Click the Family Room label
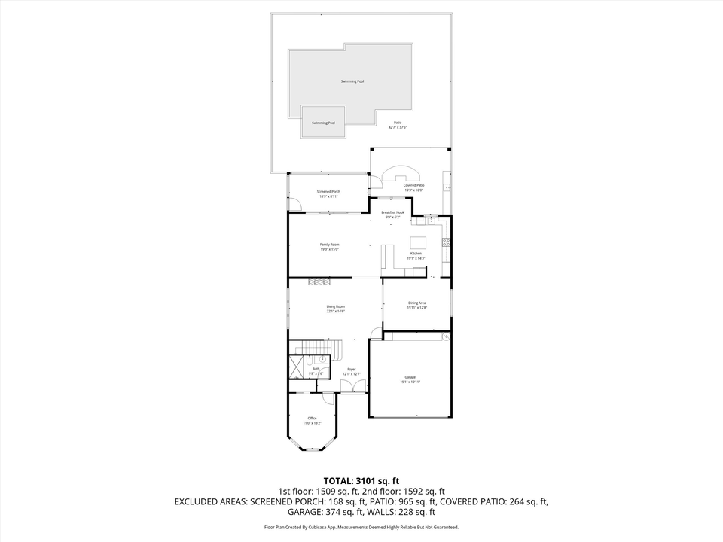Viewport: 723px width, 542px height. point(329,245)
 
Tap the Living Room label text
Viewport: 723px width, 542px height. point(335,306)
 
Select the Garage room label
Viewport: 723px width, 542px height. point(410,377)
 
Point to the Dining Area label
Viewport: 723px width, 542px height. point(417,303)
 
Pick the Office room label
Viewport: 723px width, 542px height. point(312,419)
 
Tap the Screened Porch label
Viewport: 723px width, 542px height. point(328,192)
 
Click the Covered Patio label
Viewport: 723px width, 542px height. point(413,185)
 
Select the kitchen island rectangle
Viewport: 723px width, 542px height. point(418,242)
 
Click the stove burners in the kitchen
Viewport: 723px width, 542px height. point(446,242)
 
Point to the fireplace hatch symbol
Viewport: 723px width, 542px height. point(319,282)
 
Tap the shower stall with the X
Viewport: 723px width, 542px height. point(295,366)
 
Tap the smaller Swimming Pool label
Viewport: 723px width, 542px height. point(324,123)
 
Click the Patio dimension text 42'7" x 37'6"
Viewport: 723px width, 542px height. point(397,127)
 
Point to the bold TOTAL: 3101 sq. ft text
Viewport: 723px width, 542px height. point(361,480)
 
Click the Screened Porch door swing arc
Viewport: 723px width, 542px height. point(297,204)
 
